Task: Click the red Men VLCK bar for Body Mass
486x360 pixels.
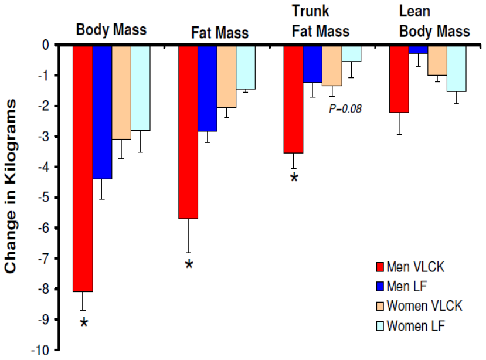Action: [83, 168]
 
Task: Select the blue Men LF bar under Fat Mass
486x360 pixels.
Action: [208, 88]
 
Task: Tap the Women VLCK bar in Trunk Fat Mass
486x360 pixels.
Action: [332, 65]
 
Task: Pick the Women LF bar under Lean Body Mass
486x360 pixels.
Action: [457, 68]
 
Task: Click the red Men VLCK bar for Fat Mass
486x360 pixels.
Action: [188, 131]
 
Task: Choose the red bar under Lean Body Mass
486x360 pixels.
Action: [399, 79]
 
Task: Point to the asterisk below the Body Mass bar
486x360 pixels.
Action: [84, 323]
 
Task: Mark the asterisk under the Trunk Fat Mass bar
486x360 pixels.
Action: [294, 176]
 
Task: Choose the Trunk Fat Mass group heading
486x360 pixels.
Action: [320, 22]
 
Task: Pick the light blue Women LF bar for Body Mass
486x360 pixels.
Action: [140, 87]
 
